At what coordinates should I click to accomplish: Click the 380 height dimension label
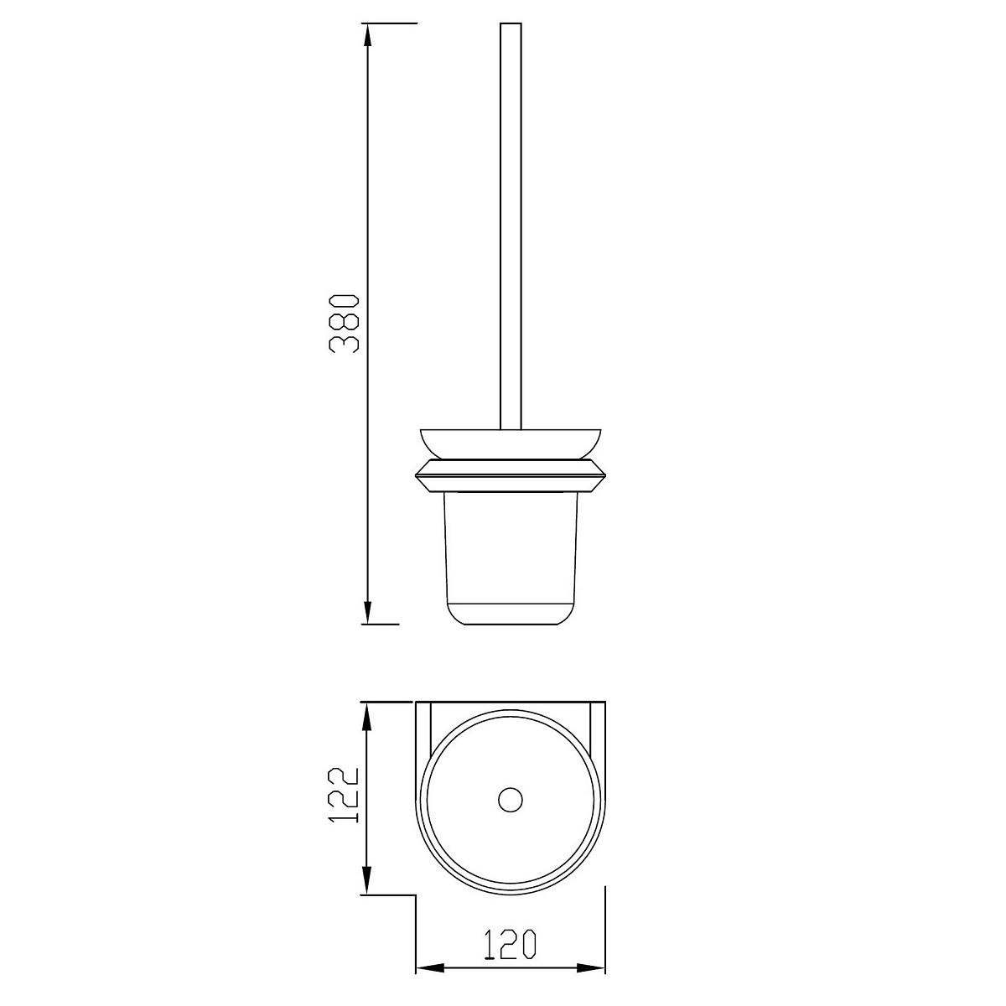tap(344, 324)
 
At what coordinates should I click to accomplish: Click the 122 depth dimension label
tap(343, 795)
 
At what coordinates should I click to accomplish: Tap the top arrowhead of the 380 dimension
tap(368, 37)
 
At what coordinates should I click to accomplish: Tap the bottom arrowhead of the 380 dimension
tap(368, 609)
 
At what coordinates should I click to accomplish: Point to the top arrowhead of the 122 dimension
tap(367, 717)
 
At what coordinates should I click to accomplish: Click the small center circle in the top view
tap(510, 800)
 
